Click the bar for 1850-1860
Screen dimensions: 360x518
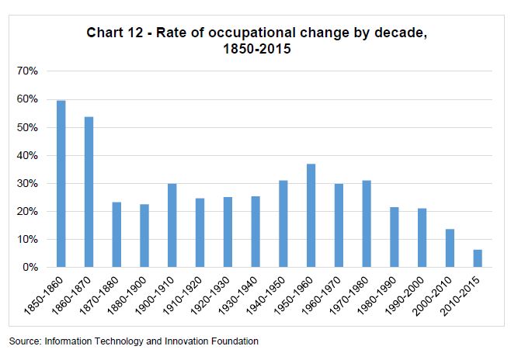pyautogui.click(x=61, y=184)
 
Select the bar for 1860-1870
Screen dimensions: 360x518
pyautogui.click(x=89, y=192)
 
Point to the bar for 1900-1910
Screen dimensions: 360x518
pyautogui.click(x=172, y=226)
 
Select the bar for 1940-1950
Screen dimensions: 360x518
pyautogui.click(x=283, y=224)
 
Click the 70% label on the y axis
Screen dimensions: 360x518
pyautogui.click(x=27, y=71)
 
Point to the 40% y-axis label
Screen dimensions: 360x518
pyautogui.click(x=27, y=155)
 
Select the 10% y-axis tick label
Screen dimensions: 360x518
pyautogui.click(x=27, y=240)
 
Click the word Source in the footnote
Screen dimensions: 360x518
pyautogui.click(x=24, y=341)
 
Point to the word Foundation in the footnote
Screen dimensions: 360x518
pyautogui.click(x=232, y=341)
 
